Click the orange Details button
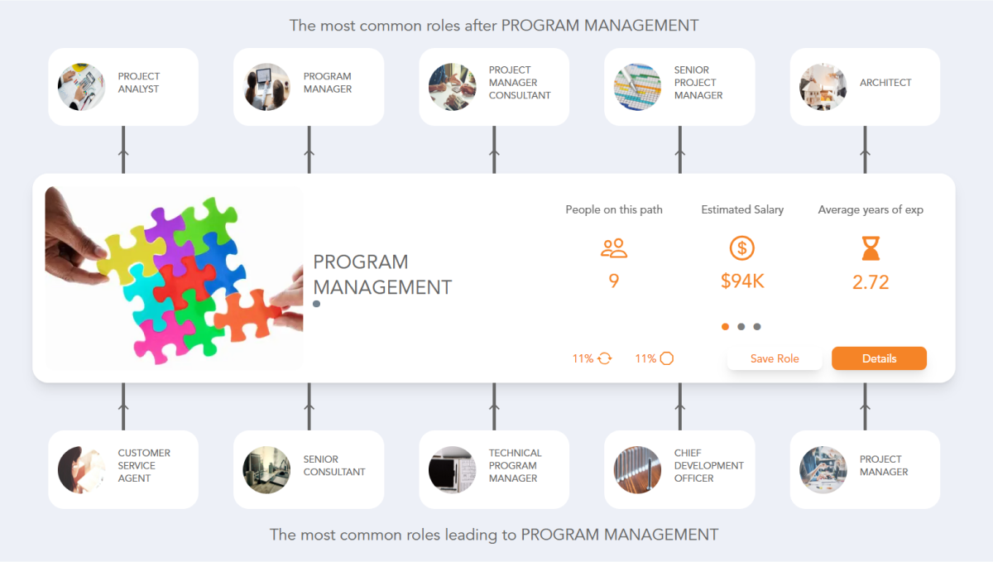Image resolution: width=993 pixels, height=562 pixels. click(879, 358)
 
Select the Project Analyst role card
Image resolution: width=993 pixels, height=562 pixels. click(123, 87)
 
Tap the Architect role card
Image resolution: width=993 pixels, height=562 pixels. click(865, 87)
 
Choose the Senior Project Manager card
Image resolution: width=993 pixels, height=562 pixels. click(679, 87)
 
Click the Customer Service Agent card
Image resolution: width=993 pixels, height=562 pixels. click(123, 469)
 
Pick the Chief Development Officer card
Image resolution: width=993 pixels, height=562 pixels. click(679, 469)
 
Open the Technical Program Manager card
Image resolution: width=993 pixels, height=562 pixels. click(494, 469)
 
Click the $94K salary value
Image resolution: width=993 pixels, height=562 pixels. click(742, 281)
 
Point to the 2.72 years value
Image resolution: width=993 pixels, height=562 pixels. click(871, 282)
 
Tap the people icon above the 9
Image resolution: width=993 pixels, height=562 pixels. click(614, 247)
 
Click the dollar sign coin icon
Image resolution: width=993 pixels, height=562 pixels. click(742, 247)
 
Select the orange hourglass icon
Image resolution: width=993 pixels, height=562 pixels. click(871, 247)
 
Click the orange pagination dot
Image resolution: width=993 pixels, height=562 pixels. click(726, 327)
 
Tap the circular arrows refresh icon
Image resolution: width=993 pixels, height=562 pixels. click(604, 358)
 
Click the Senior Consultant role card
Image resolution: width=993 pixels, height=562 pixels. click(309, 469)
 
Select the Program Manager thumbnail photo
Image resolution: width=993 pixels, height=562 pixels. click(267, 87)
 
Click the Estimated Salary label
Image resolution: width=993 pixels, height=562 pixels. click(742, 209)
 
